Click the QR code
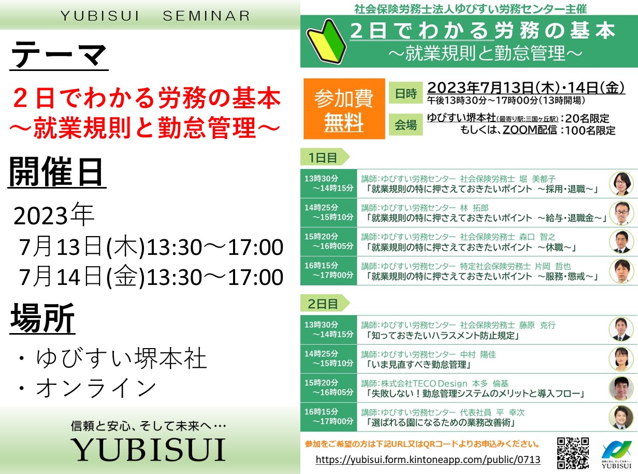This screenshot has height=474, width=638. [572, 453]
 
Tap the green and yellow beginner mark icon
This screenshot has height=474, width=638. [326, 41]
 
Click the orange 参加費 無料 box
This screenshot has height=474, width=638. [344, 109]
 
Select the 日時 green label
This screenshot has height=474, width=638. [405, 93]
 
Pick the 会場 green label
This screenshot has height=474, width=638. [405, 125]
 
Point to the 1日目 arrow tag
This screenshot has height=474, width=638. [325, 157]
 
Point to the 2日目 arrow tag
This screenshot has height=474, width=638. [325, 303]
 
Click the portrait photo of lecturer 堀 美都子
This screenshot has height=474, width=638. [621, 183]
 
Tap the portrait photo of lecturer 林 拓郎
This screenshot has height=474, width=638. [621, 213]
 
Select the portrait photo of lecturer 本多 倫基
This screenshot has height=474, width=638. [621, 388]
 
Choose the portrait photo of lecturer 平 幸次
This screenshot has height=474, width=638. [621, 418]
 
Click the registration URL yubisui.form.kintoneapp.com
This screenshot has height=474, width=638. [428, 459]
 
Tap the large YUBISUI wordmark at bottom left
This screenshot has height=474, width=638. [149, 450]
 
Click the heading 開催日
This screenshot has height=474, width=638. [56, 172]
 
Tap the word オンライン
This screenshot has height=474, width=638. [96, 388]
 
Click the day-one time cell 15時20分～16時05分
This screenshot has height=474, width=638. [329, 241]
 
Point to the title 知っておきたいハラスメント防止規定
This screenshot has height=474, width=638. [443, 336]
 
